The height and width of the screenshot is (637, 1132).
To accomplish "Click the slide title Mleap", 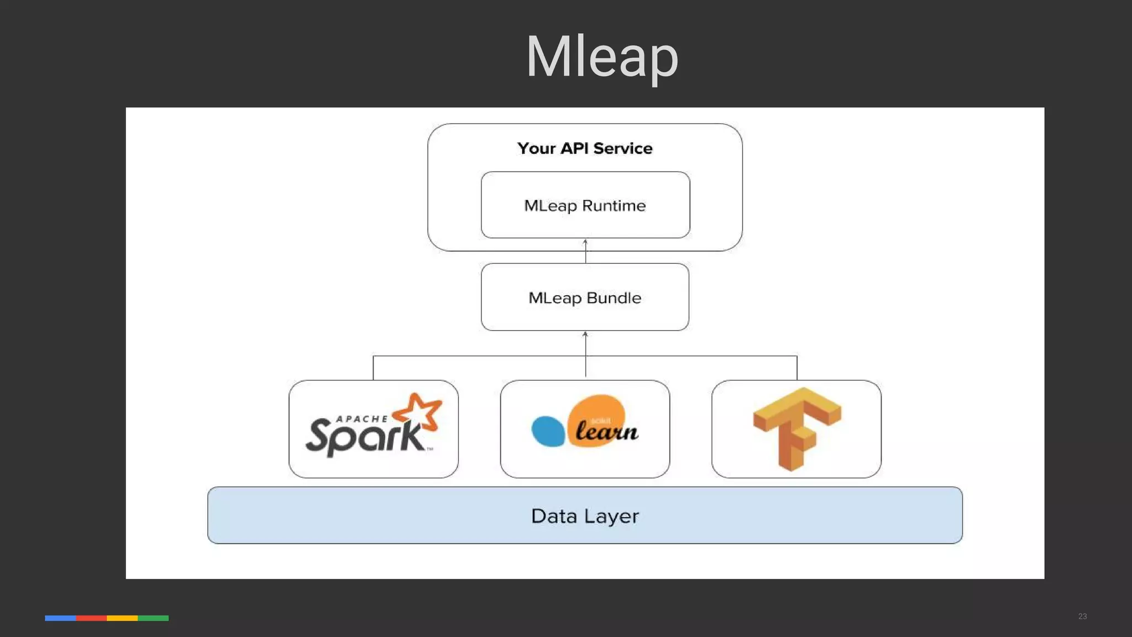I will [601, 57].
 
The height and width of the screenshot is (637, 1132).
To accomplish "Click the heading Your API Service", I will [585, 148].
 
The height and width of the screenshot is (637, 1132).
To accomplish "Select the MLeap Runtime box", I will [585, 205].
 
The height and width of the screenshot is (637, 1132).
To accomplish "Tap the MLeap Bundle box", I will [585, 297].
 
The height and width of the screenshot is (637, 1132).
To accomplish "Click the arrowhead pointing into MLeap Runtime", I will [585, 242].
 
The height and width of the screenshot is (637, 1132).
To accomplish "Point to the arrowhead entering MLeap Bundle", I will [585, 334].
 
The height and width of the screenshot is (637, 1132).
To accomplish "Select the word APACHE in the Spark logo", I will [362, 419].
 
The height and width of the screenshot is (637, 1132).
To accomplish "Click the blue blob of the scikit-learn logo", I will [547, 431].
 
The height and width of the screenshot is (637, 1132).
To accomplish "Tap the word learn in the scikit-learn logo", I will [606, 431].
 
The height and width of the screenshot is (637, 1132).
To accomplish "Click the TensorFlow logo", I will [796, 429].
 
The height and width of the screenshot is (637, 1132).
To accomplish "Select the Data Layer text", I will [585, 516].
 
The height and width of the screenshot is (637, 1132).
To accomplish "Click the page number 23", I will [1082, 616].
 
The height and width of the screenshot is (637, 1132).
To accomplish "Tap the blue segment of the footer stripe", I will [60, 618].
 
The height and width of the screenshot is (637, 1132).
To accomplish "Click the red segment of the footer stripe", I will [91, 618].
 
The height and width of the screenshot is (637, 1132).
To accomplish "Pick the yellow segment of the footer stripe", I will [122, 618].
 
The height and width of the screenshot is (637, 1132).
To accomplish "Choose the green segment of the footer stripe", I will [153, 618].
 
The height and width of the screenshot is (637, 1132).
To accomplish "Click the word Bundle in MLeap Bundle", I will [614, 298].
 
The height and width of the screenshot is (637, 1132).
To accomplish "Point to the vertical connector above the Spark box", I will [373, 368].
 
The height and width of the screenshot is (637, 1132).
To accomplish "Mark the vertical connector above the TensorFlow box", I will [797, 368].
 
